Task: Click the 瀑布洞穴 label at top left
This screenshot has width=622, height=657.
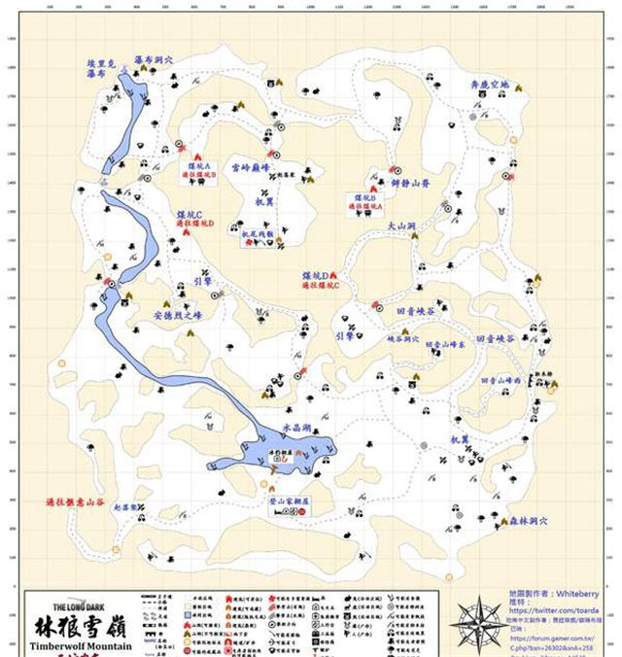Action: click(154, 59)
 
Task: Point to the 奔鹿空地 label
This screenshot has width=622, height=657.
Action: click(489, 85)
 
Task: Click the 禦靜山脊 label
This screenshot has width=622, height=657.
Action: click(409, 181)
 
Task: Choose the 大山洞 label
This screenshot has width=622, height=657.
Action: click(400, 225)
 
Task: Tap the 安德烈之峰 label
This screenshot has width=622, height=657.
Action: click(176, 315)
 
